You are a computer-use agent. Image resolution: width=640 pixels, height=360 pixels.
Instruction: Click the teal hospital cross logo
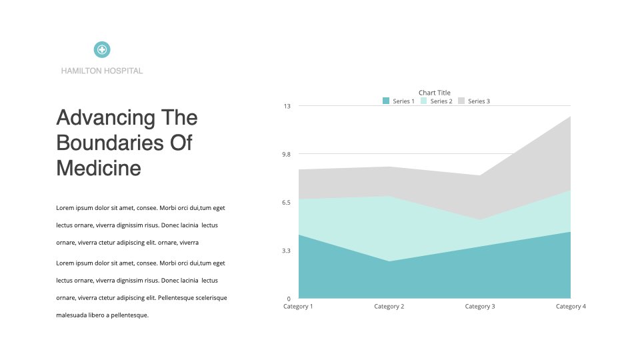click(102, 50)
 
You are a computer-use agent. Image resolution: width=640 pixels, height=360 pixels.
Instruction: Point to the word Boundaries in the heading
click(110, 143)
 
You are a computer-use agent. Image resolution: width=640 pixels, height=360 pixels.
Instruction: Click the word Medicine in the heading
click(99, 168)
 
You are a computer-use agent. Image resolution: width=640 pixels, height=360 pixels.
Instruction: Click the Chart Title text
click(434, 93)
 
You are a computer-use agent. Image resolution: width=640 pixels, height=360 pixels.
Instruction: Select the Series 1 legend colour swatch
click(386, 101)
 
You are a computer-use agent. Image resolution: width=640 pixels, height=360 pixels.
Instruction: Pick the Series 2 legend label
click(441, 101)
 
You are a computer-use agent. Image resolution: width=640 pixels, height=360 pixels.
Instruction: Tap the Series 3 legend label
click(479, 101)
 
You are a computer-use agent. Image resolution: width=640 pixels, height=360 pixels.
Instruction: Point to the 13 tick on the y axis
click(287, 106)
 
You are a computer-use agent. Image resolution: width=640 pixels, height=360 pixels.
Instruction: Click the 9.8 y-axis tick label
click(287, 154)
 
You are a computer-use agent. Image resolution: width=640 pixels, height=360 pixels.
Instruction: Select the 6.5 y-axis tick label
click(287, 203)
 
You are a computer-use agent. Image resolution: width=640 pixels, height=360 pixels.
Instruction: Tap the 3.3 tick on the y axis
click(287, 251)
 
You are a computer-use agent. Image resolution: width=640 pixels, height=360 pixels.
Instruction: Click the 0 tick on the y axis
click(289, 299)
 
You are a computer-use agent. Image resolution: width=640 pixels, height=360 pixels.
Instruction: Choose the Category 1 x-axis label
click(298, 307)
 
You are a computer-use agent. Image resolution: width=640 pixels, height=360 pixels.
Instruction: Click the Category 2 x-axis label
click(389, 307)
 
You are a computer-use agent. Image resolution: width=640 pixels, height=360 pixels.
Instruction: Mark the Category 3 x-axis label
click(480, 307)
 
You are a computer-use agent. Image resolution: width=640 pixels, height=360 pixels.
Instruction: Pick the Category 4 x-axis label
click(571, 307)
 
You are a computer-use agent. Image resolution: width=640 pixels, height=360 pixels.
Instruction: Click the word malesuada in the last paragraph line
click(71, 315)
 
